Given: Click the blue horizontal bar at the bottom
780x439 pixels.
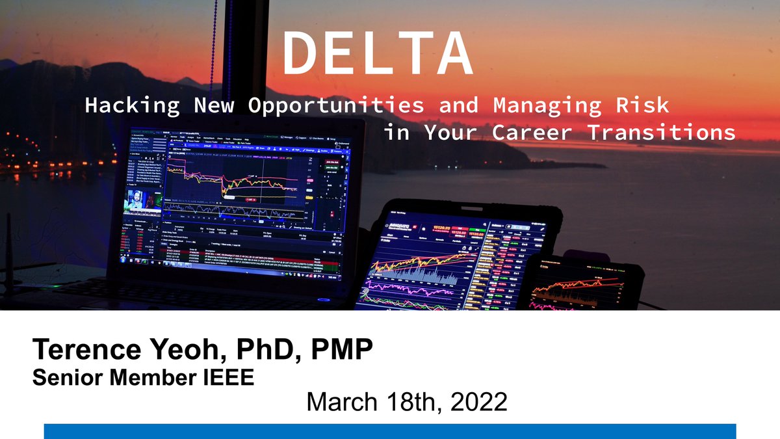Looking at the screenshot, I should click(x=390, y=431).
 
